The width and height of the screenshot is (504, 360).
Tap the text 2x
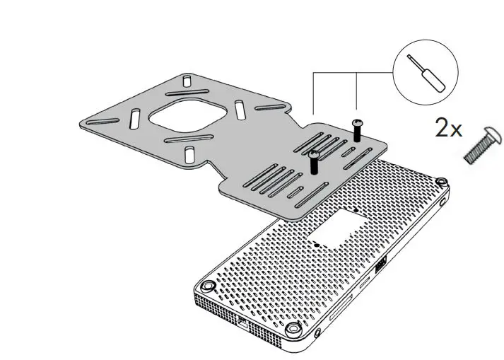tap(448, 129)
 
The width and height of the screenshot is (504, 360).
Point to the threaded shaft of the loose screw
tap(476, 150)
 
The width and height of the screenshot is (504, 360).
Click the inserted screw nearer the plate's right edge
tap(356, 129)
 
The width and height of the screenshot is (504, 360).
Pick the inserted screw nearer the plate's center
tap(312, 161)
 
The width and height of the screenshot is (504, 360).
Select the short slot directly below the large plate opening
tap(189, 153)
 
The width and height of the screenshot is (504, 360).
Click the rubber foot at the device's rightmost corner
tap(441, 182)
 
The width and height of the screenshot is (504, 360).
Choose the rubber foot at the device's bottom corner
tap(293, 329)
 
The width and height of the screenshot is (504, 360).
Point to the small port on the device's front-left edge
tap(243, 324)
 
